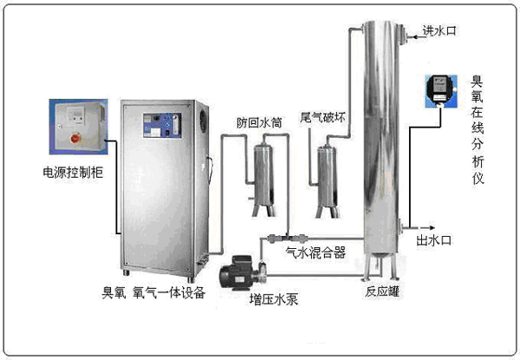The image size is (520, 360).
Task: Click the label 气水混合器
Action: tap(315, 252)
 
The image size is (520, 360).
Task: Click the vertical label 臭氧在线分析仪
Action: tap(477, 130)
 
